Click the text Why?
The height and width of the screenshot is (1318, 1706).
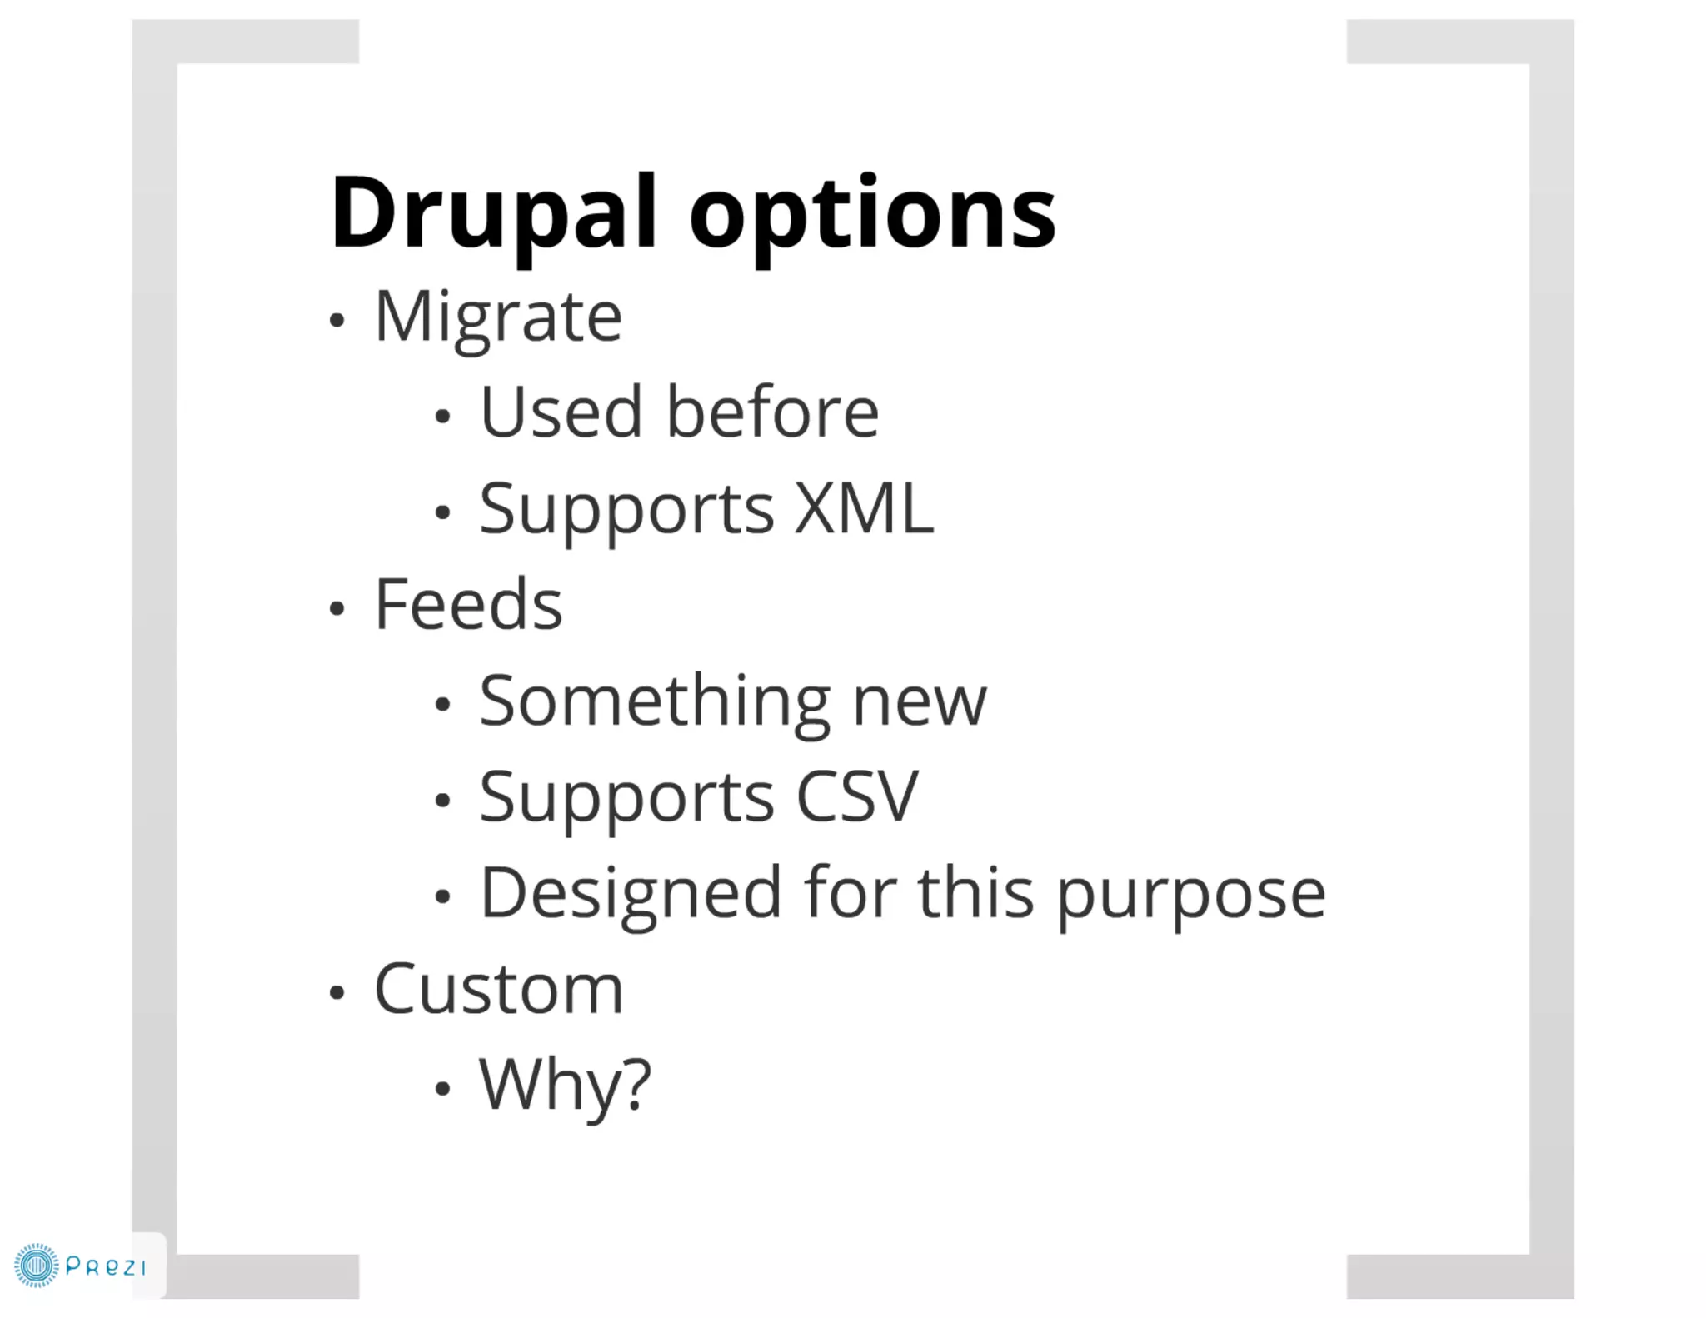(565, 1085)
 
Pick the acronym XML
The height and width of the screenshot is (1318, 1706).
(864, 508)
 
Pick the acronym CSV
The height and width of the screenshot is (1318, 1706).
(856, 796)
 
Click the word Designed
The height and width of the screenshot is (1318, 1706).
(631, 893)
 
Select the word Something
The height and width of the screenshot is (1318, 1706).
(654, 701)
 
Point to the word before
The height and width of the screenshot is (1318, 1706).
(772, 412)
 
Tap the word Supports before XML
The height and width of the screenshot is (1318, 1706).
(626, 510)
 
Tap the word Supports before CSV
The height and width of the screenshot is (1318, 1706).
(626, 798)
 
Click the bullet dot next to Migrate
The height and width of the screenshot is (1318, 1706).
(337, 321)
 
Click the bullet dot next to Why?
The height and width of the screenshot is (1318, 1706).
(442, 1088)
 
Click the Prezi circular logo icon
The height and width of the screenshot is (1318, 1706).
(37, 1266)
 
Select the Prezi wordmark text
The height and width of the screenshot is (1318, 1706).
(106, 1267)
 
